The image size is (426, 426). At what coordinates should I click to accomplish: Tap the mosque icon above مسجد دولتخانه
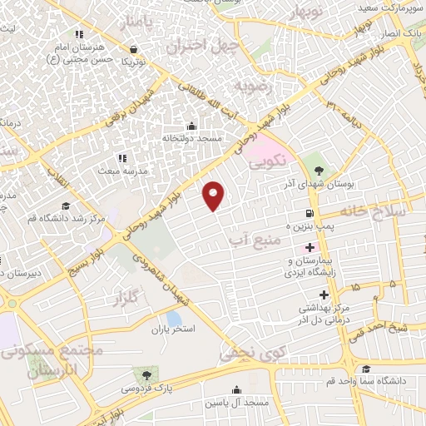(193, 126)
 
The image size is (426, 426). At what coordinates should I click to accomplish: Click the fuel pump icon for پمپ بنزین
(310, 214)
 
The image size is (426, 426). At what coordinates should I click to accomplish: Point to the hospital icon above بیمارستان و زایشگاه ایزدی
(310, 248)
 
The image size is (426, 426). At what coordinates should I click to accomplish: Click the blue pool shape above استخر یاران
(174, 317)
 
